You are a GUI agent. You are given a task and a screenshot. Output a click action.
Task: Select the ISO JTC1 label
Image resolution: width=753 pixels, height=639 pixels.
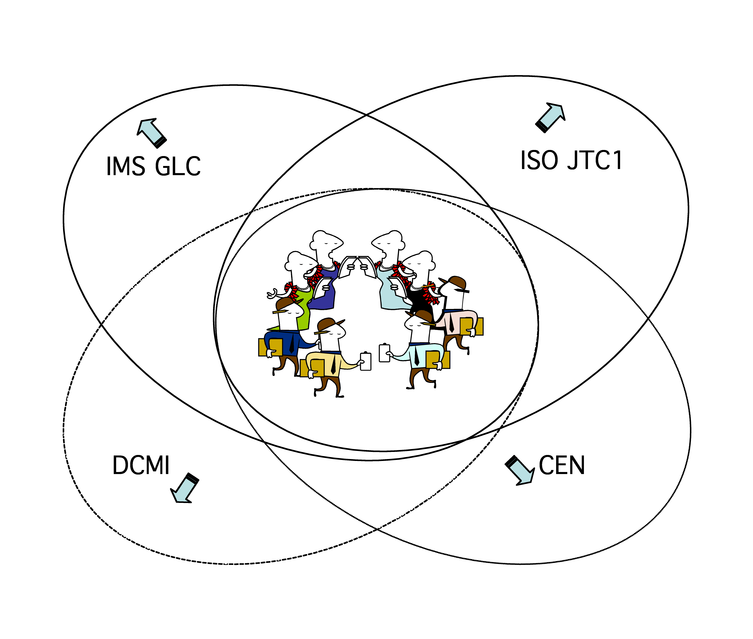(x=571, y=161)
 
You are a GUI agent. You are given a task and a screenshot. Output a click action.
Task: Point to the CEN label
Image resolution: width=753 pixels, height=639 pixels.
(x=562, y=466)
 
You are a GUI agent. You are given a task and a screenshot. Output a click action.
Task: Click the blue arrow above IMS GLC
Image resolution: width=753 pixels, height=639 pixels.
(x=151, y=133)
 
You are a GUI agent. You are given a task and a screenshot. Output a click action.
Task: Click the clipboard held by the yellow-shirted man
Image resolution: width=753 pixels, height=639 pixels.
(x=366, y=362)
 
